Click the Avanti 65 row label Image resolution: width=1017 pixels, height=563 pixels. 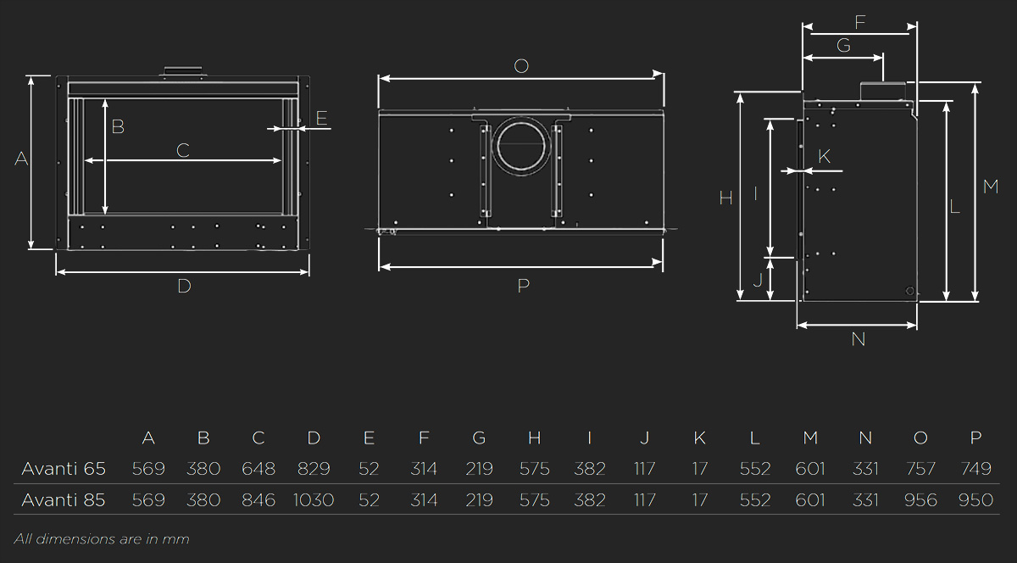[64, 469]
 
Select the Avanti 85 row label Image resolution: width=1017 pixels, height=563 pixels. [64, 500]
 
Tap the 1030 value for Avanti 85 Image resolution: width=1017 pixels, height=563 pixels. [314, 500]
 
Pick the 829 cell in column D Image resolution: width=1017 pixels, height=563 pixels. [314, 469]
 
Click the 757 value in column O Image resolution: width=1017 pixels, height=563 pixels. [920, 469]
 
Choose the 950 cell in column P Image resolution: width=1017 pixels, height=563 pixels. [975, 500]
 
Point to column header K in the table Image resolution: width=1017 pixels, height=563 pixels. [700, 438]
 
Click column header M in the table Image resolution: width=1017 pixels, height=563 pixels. [810, 438]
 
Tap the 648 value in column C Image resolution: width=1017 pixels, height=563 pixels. [258, 469]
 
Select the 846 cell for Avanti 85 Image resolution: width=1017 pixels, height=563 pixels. [258, 500]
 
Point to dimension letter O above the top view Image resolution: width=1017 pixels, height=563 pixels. [521, 66]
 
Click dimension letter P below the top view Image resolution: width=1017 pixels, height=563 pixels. [524, 286]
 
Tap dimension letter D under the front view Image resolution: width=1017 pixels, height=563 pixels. [185, 287]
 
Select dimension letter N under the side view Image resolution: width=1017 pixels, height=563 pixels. [858, 339]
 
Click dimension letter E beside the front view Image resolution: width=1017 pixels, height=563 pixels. [321, 118]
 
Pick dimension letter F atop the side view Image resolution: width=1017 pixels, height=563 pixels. [860, 22]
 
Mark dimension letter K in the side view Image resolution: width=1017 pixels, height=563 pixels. [824, 157]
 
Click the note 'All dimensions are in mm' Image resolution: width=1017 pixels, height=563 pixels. [102, 539]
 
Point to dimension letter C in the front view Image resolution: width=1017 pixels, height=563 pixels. [183, 150]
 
